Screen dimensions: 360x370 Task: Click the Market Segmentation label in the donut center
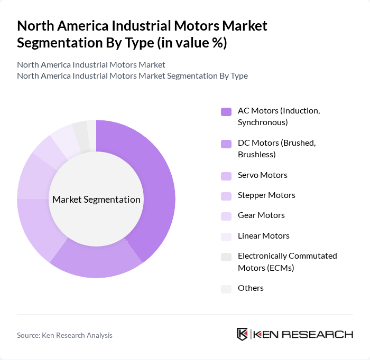[x=96, y=200]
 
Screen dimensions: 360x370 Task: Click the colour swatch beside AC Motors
[x=226, y=111]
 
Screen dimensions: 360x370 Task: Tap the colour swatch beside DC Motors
[x=226, y=144]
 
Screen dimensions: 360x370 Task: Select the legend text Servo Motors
[x=263, y=175]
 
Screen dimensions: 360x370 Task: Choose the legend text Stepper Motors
[x=266, y=195]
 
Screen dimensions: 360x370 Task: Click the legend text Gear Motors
[x=261, y=215]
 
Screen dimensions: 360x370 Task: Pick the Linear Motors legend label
[x=263, y=236]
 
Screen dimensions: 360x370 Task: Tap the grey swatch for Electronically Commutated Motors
[x=226, y=257]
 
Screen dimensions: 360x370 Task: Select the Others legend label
[x=251, y=288]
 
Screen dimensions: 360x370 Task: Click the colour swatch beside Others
[x=226, y=289]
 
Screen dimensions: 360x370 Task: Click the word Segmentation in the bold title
[x=63, y=42]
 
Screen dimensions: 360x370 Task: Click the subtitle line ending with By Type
[x=132, y=76]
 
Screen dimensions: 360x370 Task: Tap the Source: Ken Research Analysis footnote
[x=64, y=335]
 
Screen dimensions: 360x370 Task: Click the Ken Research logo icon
[x=243, y=334]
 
